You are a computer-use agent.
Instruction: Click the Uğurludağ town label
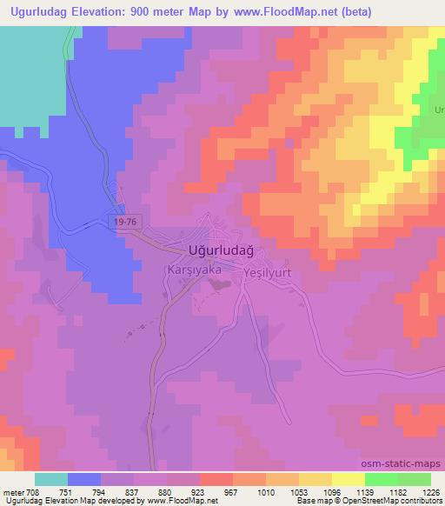click(221, 250)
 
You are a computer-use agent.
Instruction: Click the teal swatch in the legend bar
click(51, 479)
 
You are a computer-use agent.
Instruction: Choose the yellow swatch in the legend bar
click(348, 479)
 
